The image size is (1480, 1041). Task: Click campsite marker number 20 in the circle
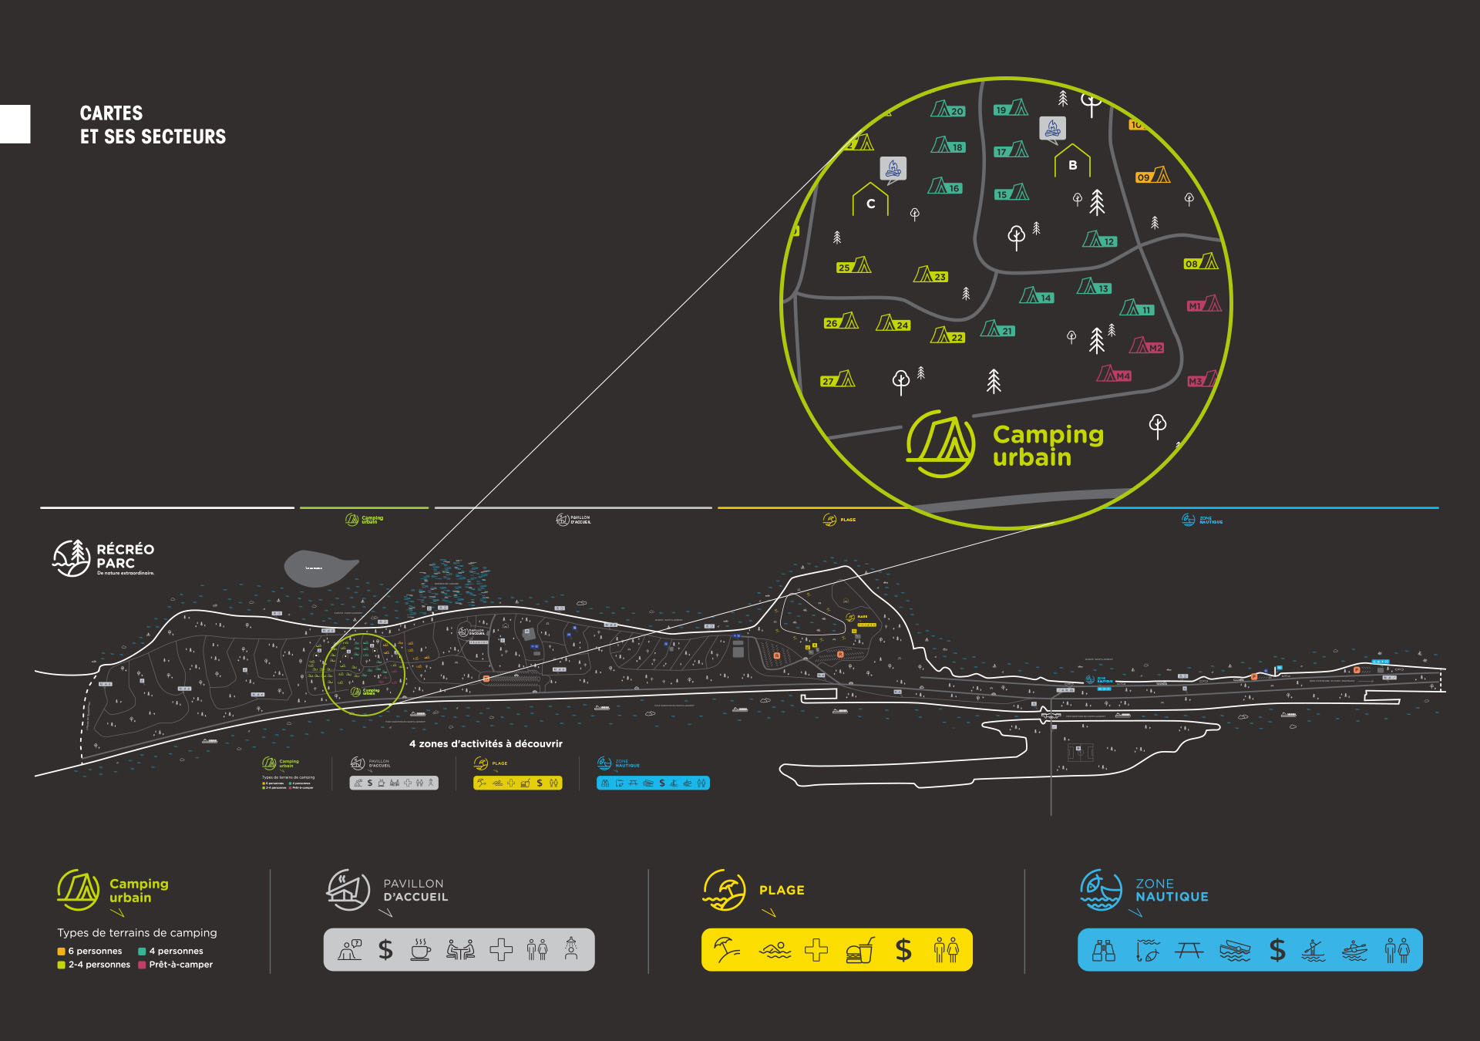[x=947, y=109]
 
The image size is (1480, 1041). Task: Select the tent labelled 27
[x=838, y=379]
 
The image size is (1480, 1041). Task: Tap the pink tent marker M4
[x=1114, y=374]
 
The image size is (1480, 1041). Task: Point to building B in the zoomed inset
[x=1072, y=162]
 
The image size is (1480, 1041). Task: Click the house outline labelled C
[x=870, y=200]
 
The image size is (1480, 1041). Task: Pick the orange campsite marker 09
[x=1152, y=176]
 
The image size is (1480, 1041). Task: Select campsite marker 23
[x=930, y=275]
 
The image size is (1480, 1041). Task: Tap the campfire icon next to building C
[x=893, y=168]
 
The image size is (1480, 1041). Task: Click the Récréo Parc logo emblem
[x=71, y=558]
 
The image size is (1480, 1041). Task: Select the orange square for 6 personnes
[x=61, y=952]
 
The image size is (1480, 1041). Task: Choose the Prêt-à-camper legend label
[x=180, y=965]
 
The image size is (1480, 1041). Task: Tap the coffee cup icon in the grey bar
[x=420, y=950]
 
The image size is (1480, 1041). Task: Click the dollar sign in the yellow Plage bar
[x=903, y=950]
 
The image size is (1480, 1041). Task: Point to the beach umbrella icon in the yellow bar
[x=726, y=950]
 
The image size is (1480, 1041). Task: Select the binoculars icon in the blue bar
[x=1104, y=951]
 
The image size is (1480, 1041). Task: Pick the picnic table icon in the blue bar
[x=1189, y=951]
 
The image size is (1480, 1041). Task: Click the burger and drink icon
[x=860, y=950]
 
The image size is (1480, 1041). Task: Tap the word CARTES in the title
[x=111, y=113]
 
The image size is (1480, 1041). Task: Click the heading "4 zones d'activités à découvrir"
[x=486, y=744]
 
